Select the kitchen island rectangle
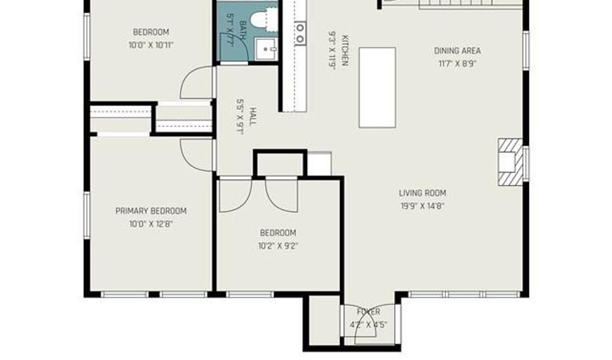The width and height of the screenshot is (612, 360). point(377,87)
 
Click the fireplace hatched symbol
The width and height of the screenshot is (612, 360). point(509,162)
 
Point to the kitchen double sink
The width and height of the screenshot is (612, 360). point(300,33)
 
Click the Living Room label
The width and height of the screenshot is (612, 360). point(422,193)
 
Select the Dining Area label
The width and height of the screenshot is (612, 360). point(457,50)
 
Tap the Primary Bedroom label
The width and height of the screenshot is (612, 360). point(150,211)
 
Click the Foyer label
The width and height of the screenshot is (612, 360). point(368,312)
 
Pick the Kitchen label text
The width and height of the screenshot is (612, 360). point(345,50)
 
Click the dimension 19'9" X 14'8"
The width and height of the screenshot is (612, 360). point(422,206)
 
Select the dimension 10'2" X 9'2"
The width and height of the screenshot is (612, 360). point(277,246)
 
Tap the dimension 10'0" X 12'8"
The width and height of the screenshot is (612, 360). point(150,223)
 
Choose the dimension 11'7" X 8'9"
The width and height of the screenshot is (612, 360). point(457,63)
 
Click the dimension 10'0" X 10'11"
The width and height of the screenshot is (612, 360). point(150,45)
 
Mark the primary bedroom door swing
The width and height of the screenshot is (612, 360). point(195,155)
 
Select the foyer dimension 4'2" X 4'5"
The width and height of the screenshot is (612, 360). point(368,324)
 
